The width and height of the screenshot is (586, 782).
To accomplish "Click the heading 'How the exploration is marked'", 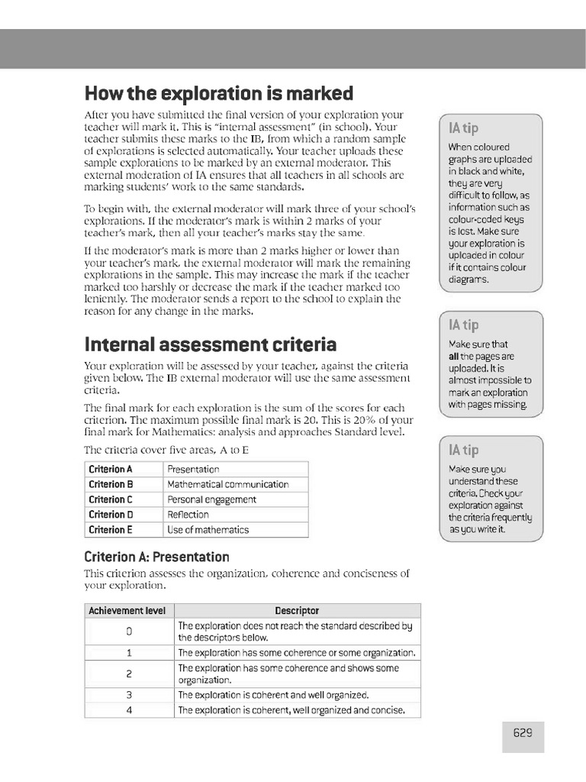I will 218,93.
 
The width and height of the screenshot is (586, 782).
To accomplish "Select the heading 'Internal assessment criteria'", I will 210,344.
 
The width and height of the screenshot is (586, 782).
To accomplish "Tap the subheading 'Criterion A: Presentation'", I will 156,557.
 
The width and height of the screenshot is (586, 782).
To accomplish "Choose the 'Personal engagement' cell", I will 211,499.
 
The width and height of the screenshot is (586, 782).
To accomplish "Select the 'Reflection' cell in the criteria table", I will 188,515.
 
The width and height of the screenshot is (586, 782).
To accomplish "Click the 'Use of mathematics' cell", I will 208,529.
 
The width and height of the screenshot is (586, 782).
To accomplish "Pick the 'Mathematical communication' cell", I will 227,484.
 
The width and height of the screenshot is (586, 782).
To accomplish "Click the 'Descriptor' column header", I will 297,610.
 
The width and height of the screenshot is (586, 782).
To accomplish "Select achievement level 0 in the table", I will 129,632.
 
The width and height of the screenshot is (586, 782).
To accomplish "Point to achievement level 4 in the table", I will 129,710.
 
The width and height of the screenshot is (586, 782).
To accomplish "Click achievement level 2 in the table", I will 129,674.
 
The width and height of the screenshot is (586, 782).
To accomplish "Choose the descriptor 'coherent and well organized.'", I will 273,695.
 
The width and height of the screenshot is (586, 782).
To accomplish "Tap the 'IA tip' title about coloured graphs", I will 464,128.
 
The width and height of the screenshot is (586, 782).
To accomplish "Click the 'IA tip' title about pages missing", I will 464,326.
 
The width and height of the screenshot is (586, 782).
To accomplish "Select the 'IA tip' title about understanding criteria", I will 464,450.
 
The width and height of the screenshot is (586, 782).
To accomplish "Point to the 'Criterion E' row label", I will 111,529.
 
